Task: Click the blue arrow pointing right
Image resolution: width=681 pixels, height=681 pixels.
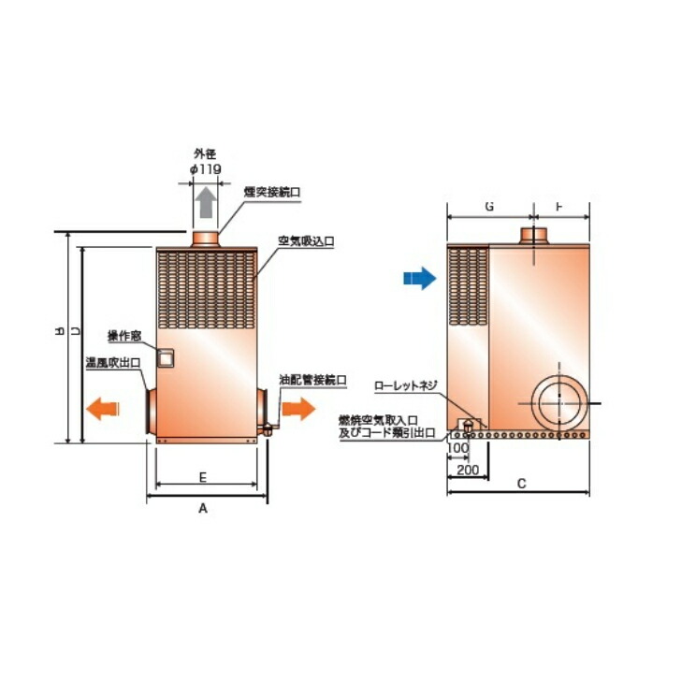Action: (419, 278)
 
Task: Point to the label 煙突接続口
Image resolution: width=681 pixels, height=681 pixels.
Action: (272, 192)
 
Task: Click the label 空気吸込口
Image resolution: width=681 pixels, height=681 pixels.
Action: (306, 240)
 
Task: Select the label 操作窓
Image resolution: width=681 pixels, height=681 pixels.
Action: (123, 336)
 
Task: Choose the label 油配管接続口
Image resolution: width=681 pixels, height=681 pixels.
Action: (313, 381)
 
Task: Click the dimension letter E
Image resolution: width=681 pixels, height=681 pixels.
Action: (203, 477)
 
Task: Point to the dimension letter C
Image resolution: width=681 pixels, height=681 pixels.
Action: (521, 484)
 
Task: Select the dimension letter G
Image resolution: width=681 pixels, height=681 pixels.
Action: (489, 207)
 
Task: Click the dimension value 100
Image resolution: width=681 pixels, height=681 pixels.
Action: (457, 449)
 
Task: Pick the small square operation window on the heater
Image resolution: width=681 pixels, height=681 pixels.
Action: (166, 357)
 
